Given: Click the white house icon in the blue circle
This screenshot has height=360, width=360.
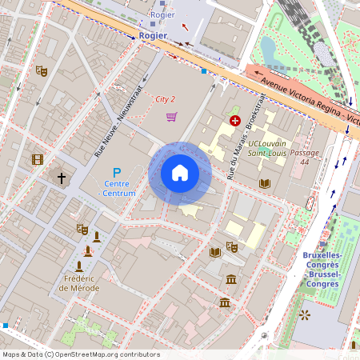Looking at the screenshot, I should pyautogui.click(x=180, y=173).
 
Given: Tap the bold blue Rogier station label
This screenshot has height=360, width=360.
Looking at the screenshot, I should pyautogui.click(x=153, y=35).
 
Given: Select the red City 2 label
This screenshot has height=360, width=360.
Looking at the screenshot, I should pyautogui.click(x=166, y=99).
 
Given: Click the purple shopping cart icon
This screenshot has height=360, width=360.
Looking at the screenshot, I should pyautogui.click(x=171, y=117).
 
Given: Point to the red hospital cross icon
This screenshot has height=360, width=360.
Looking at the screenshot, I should pyautogui.click(x=234, y=121).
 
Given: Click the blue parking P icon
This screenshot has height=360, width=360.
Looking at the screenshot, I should pyautogui.click(x=116, y=172).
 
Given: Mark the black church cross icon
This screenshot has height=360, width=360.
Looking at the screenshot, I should pyautogui.click(x=61, y=177).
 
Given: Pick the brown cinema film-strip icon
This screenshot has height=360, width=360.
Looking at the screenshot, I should pyautogui.click(x=37, y=159).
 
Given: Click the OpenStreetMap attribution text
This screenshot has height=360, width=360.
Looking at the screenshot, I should pyautogui.click(x=81, y=354).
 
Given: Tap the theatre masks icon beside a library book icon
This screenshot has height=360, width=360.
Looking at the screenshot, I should pyautogui.click(x=232, y=247).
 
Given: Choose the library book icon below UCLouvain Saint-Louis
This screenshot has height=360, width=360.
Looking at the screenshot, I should pyautogui.click(x=264, y=183).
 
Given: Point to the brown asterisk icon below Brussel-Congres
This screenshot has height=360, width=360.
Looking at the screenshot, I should pyautogui.click(x=304, y=315).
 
